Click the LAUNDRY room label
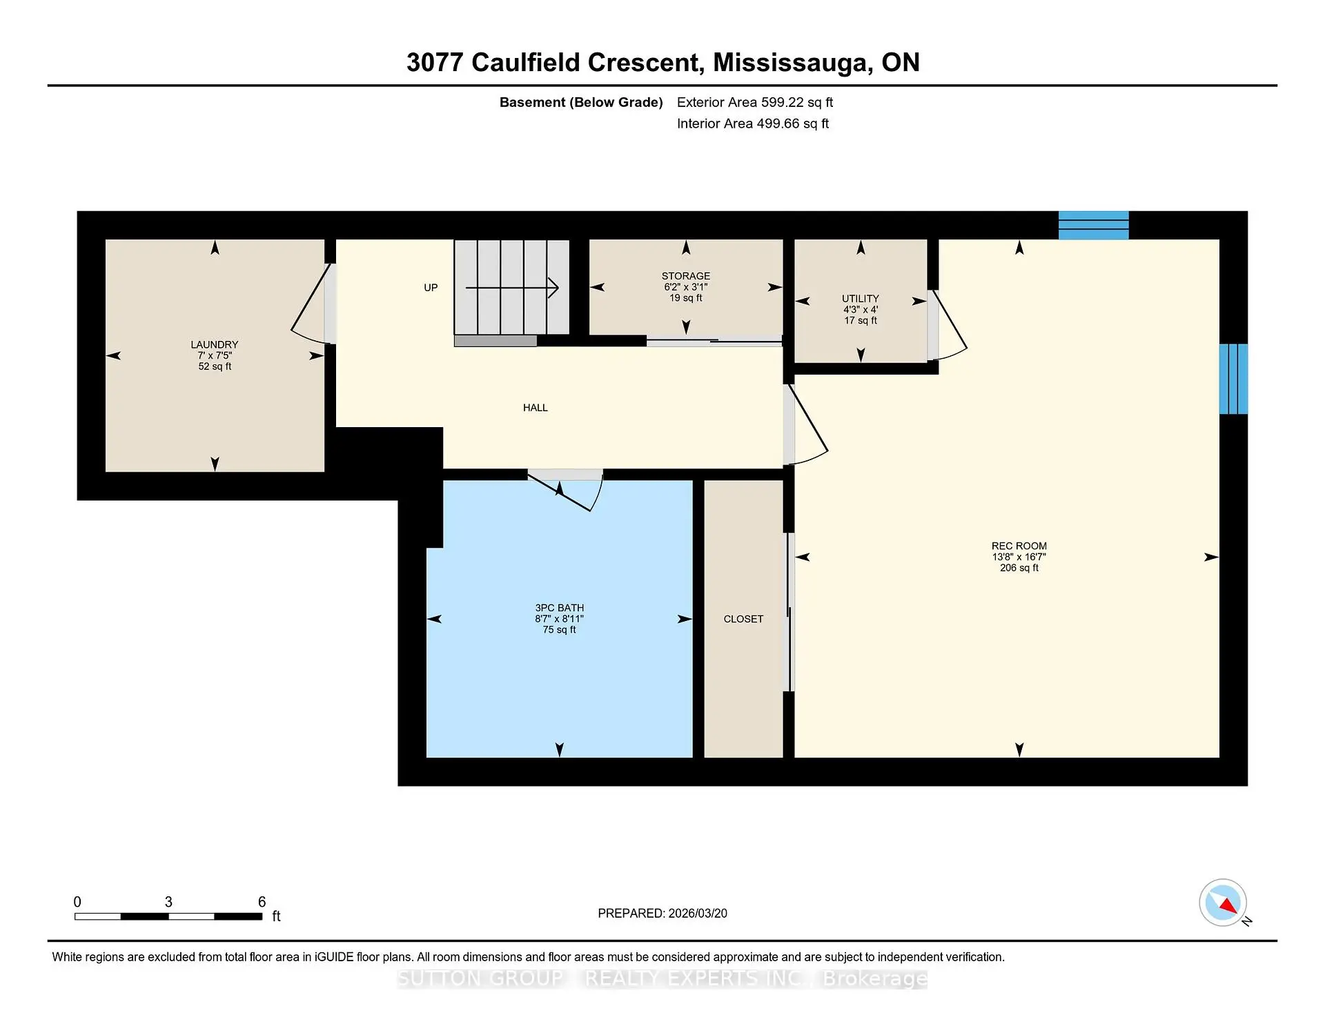click(x=214, y=344)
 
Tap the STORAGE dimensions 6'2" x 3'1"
click(x=685, y=287)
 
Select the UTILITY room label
click(x=860, y=298)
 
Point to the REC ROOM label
click(x=1019, y=546)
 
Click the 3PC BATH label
click(x=559, y=608)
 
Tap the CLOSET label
click(x=743, y=619)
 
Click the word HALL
click(x=535, y=408)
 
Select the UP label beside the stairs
click(x=431, y=288)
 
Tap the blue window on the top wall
click(x=1093, y=226)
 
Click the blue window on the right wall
click(x=1233, y=379)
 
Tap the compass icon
click(x=1223, y=903)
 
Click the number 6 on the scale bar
click(x=262, y=902)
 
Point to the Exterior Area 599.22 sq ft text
click(x=754, y=102)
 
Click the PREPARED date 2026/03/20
click(x=697, y=913)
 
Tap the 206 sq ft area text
click(x=1019, y=568)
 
